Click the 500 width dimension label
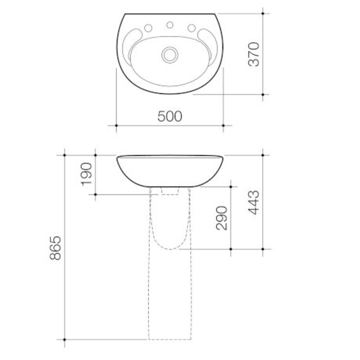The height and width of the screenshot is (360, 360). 170,116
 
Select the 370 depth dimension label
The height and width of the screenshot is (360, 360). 254,54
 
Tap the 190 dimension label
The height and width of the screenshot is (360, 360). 86,174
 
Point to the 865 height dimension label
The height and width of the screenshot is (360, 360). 55,248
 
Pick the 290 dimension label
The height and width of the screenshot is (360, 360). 222,218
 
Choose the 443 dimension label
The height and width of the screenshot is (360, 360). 254,202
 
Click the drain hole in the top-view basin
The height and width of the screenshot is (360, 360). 170,55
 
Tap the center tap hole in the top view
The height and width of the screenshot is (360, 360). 170,25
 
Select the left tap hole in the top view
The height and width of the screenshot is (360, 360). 148,28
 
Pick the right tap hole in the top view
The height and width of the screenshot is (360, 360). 192,28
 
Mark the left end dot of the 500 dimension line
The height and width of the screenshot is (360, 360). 116,126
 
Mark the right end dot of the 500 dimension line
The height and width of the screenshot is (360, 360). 223,126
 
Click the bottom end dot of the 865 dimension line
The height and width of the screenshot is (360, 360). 64,339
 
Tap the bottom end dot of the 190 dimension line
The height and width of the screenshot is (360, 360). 95,194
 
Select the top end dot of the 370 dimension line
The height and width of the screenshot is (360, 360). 263,13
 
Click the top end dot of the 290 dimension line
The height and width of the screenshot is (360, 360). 231,187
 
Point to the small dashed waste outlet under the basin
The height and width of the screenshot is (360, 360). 170,191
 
